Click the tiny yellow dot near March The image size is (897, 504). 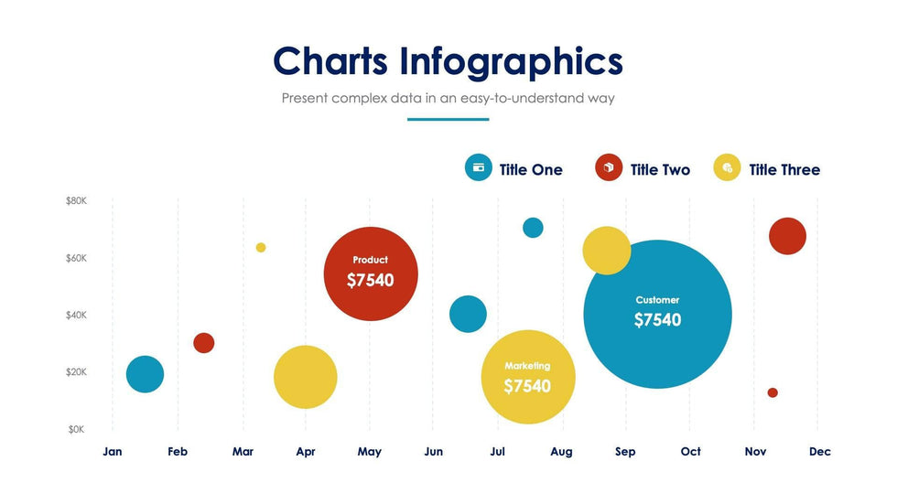point(261,248)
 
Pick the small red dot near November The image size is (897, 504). point(773,392)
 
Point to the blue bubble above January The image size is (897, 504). point(145,373)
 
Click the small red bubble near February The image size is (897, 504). point(204,343)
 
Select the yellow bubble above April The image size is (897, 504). point(306,377)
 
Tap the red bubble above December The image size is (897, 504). point(787,236)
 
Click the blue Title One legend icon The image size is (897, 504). point(479,167)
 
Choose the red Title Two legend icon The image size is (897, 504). point(609,167)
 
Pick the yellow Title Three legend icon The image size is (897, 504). point(727,167)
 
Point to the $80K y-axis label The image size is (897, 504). point(76,200)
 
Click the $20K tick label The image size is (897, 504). point(76,372)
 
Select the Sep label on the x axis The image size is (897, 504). point(625,452)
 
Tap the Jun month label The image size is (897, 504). point(434,452)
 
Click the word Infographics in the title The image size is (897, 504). point(511,62)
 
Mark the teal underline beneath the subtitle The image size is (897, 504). point(448,119)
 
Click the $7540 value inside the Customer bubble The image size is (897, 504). point(657,320)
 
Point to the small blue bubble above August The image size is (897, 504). point(533,228)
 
